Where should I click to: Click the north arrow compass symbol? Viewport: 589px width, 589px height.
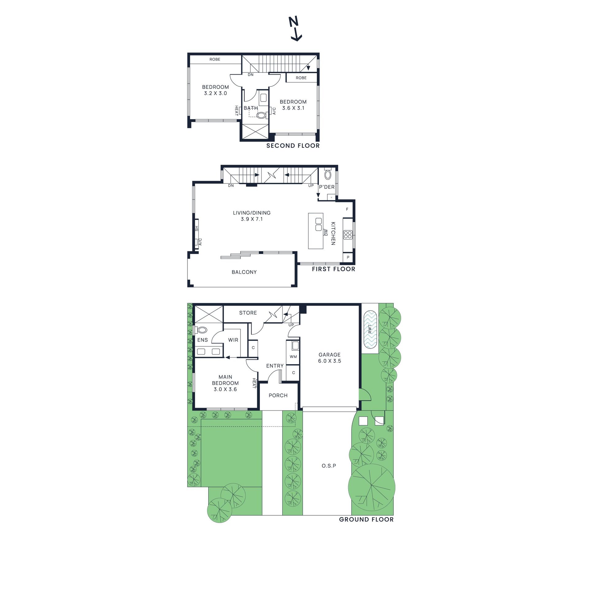coord(295,29)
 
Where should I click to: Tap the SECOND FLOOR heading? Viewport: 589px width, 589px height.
coord(293,146)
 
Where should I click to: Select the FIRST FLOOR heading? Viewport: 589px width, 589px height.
coord(333,269)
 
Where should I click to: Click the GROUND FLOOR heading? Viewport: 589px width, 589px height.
coord(366,519)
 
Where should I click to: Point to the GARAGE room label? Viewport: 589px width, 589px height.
coord(329,355)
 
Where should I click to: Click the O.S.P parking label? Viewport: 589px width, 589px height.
coord(329,466)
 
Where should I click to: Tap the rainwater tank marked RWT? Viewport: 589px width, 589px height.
coord(370,329)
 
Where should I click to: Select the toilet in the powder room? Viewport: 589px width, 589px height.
coord(328,175)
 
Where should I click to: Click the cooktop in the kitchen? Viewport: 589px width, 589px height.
coord(348,235)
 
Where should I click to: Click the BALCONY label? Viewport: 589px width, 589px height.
coord(244,272)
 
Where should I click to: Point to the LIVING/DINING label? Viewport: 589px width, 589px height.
coord(252,213)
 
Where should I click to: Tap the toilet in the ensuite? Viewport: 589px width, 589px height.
coord(202,330)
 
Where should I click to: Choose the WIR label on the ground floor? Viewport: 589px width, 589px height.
coord(233,340)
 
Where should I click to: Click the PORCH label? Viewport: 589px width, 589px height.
coord(278,395)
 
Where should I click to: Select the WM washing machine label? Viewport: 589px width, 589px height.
coord(293,356)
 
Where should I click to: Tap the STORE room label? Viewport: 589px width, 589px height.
coord(248,313)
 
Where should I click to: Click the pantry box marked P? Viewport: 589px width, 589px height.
coord(348,257)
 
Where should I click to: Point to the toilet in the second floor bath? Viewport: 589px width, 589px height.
coord(261,115)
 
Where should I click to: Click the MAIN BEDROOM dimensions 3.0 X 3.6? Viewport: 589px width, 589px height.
coord(225,389)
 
